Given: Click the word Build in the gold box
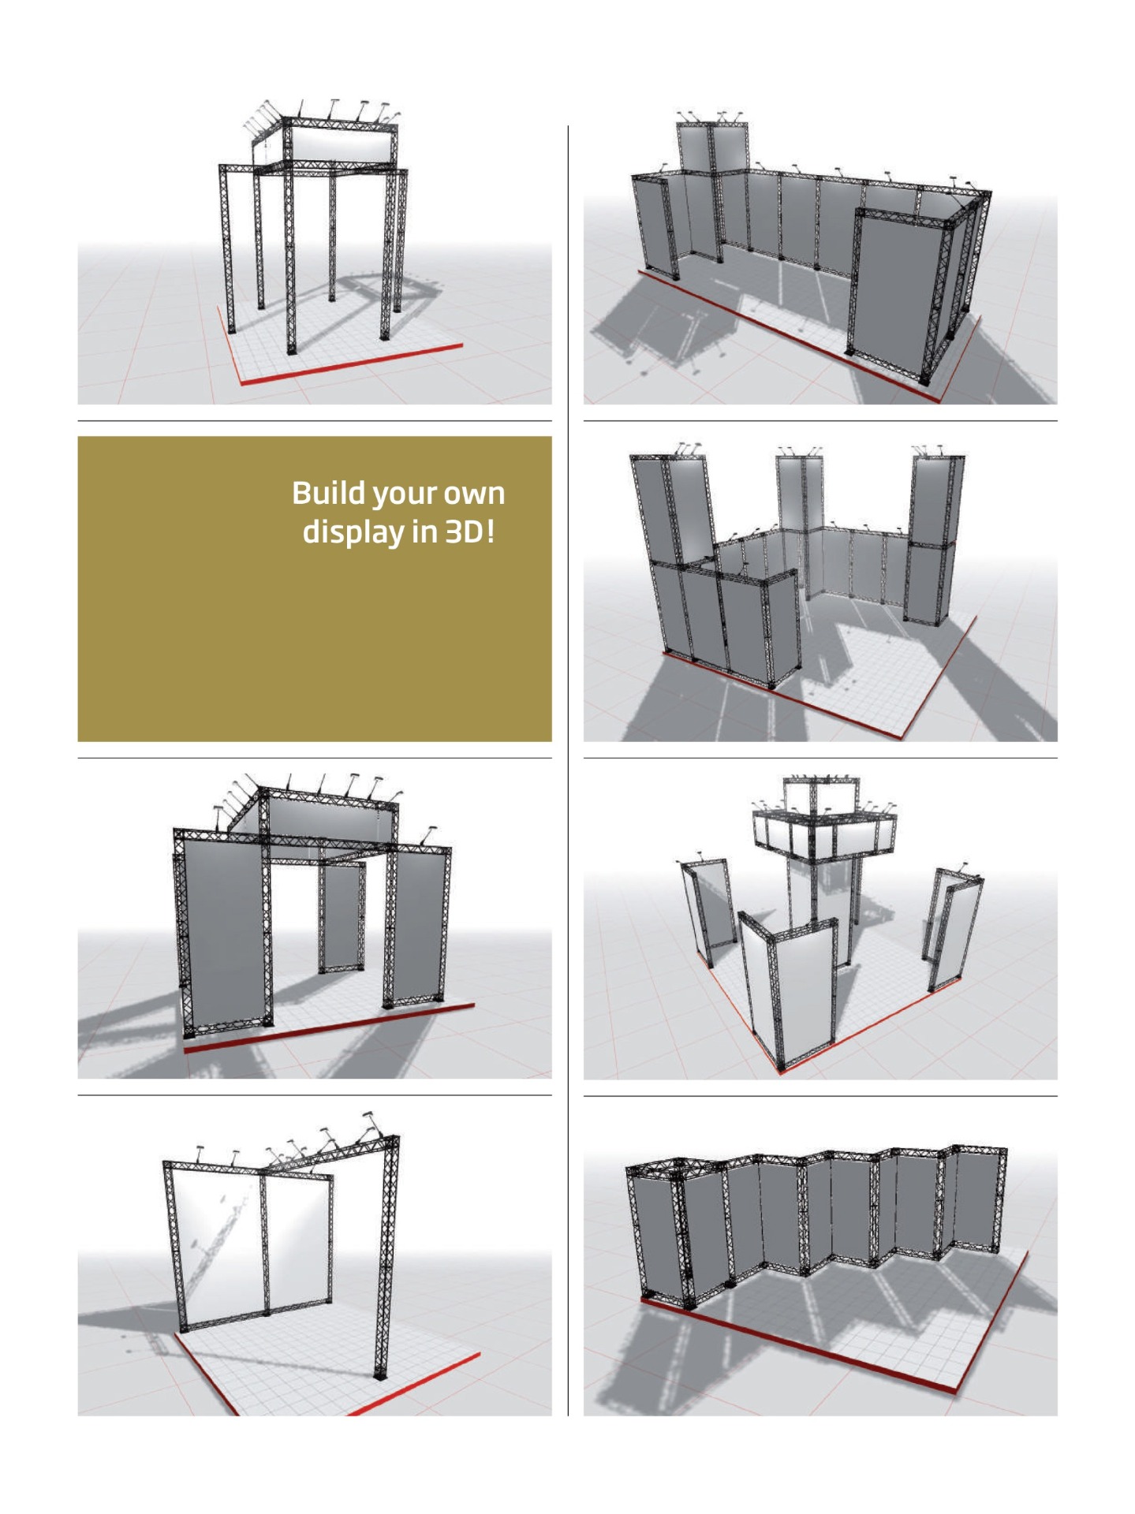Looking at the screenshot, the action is pos(328,493).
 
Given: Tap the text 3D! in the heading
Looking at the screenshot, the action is pos(471,531).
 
